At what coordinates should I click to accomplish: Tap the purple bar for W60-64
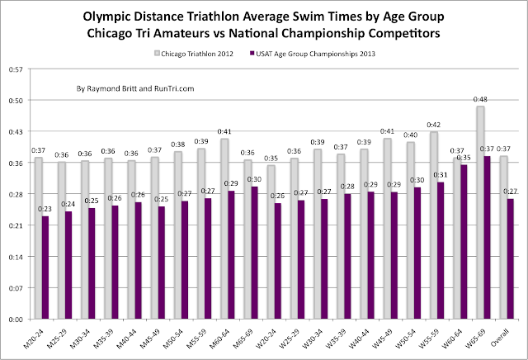(464, 242)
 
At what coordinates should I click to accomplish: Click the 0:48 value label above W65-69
(480, 99)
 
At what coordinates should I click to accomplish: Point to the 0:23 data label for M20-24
(45, 210)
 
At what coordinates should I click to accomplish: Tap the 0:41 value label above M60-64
(224, 131)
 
